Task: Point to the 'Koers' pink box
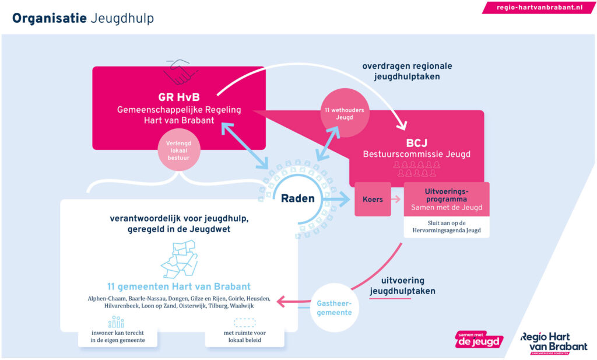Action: coord(373,199)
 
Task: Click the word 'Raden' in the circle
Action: coord(297,198)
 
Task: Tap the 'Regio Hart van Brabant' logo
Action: coord(554,342)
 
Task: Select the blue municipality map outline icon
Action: coord(178,260)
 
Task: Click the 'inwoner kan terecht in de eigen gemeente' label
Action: coord(117,337)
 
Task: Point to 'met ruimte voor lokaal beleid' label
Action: coord(244,337)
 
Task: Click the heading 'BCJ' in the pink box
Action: coord(417,143)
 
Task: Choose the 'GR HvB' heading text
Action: coord(178,97)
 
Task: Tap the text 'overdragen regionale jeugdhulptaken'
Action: coord(407,71)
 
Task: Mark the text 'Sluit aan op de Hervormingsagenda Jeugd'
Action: coord(447,227)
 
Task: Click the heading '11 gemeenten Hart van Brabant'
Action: coord(179,286)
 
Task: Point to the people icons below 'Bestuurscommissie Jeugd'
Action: coord(417,169)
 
